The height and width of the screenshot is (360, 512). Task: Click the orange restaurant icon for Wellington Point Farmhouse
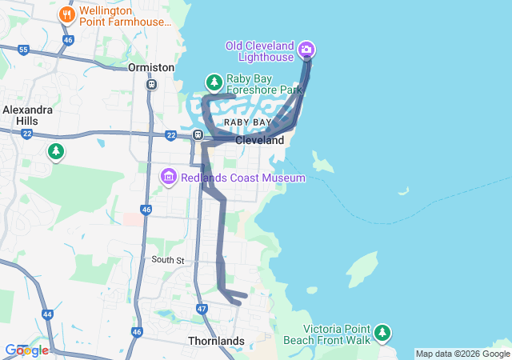pyautogui.click(x=68, y=14)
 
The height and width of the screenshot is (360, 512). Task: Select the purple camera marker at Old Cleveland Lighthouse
pyautogui.click(x=306, y=51)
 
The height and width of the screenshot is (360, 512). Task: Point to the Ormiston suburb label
pyautogui.click(x=151, y=67)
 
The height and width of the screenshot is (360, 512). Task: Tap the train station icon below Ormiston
pyautogui.click(x=151, y=84)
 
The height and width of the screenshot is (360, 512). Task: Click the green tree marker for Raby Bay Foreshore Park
pyautogui.click(x=214, y=82)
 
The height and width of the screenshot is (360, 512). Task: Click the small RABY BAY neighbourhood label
pyautogui.click(x=247, y=122)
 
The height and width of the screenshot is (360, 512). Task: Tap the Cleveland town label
pyautogui.click(x=259, y=140)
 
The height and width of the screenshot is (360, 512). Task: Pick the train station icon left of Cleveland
pyautogui.click(x=197, y=134)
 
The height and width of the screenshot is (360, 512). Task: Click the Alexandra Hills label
pyautogui.click(x=26, y=114)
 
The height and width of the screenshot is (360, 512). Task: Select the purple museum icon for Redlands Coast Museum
pyautogui.click(x=168, y=176)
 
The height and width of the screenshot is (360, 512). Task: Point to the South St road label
pyautogui.click(x=168, y=260)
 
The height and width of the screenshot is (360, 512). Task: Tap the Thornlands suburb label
pyautogui.click(x=216, y=341)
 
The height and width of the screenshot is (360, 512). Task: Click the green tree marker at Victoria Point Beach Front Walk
pyautogui.click(x=383, y=332)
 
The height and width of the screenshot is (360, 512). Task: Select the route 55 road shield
pyautogui.click(x=23, y=50)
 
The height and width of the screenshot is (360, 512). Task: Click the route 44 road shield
pyautogui.click(x=48, y=314)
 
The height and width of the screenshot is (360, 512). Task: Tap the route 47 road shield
pyautogui.click(x=202, y=308)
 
